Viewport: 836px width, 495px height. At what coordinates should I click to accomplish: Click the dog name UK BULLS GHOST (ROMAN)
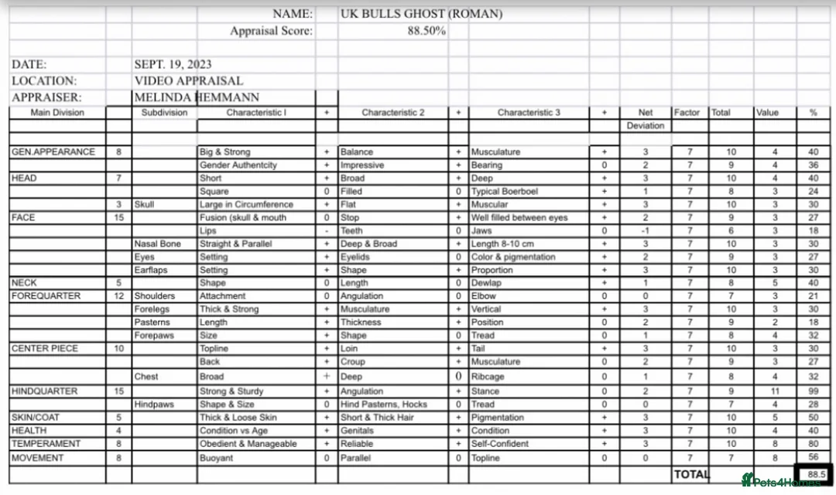click(421, 14)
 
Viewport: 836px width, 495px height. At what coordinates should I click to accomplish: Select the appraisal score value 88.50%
click(426, 31)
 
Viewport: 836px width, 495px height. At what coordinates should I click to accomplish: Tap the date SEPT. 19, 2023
click(173, 64)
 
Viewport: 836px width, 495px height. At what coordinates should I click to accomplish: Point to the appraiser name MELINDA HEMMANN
click(197, 97)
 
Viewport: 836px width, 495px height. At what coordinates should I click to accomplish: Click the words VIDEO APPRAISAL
click(188, 80)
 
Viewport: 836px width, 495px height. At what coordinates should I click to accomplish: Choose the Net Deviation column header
click(646, 118)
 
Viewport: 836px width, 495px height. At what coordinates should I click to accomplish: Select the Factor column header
click(687, 112)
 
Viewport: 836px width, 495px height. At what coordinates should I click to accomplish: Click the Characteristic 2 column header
click(393, 112)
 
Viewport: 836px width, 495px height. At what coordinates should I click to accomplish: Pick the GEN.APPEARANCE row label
click(53, 152)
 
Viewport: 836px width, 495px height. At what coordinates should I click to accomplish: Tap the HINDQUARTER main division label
click(45, 391)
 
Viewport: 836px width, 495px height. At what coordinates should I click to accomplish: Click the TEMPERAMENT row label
click(46, 444)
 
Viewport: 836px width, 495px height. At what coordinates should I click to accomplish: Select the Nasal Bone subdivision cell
click(157, 244)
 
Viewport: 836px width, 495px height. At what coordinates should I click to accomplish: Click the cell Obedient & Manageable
click(248, 444)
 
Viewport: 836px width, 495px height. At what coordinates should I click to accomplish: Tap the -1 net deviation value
click(646, 230)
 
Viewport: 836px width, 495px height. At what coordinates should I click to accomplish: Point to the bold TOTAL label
click(691, 474)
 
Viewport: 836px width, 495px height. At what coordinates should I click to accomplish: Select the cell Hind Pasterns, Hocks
click(384, 405)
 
